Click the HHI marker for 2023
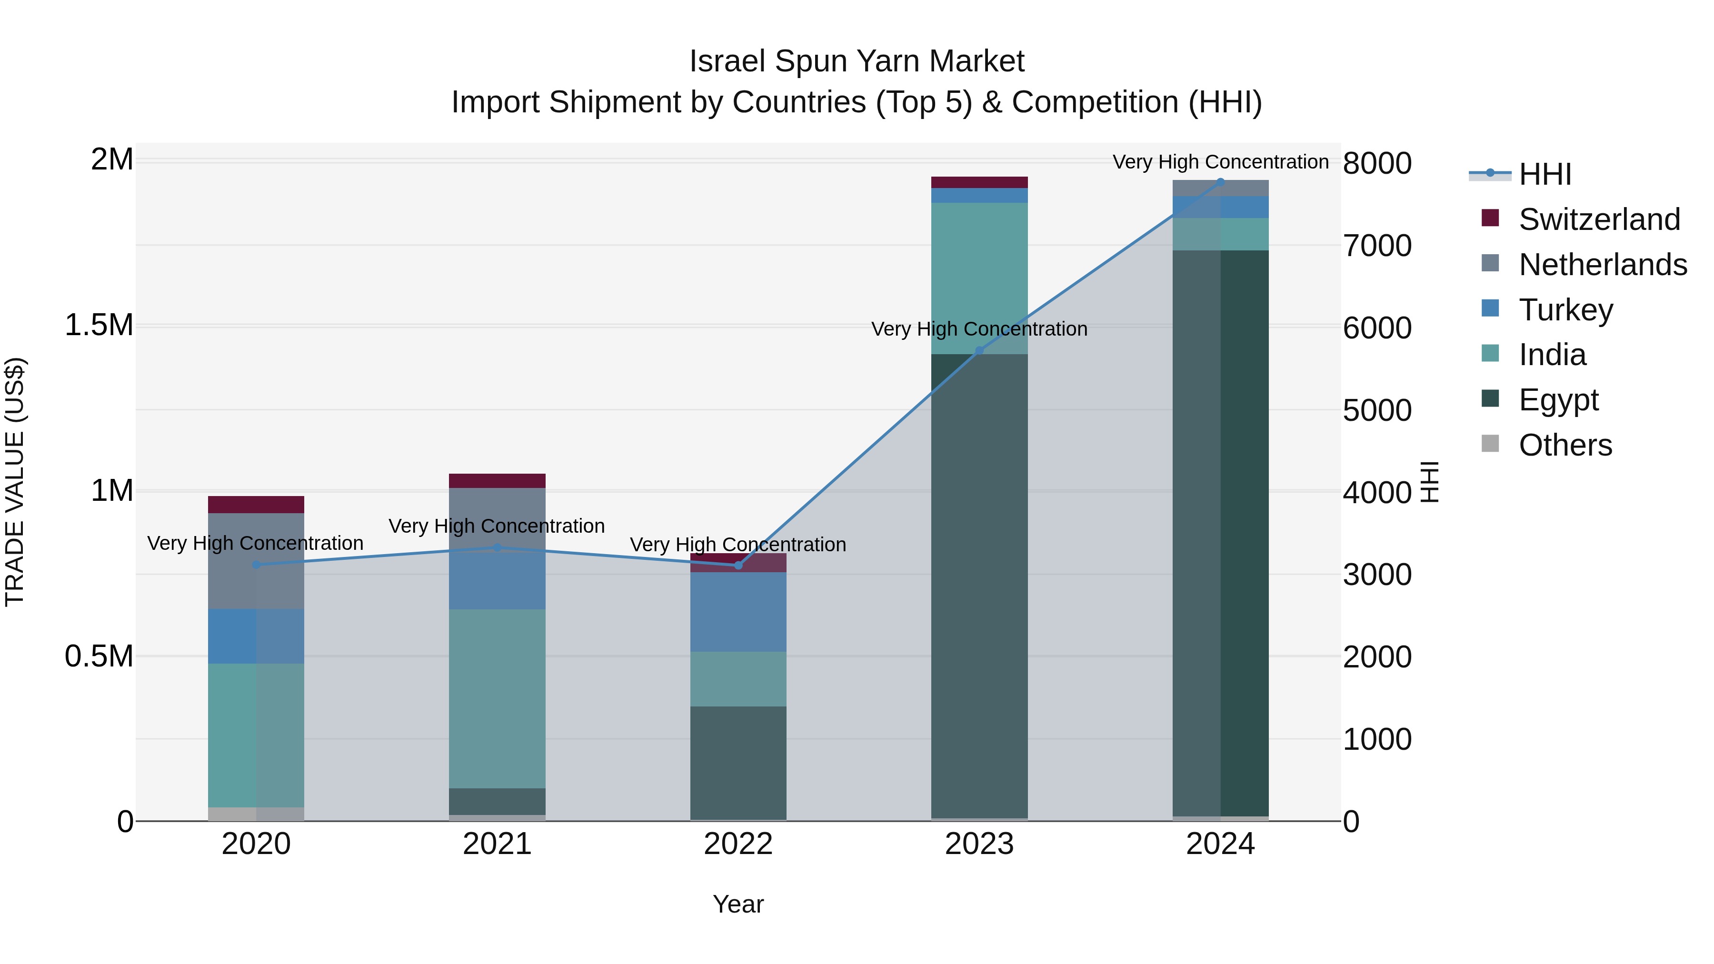[x=979, y=350]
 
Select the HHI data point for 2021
[x=497, y=547]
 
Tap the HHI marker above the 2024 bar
[x=1220, y=182]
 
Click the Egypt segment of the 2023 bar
[x=979, y=586]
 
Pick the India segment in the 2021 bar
[x=497, y=698]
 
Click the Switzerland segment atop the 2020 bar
[x=256, y=504]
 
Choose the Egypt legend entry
[x=1558, y=400]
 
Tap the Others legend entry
[x=1565, y=445]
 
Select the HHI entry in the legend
[x=1545, y=174]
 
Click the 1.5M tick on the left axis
[x=99, y=325]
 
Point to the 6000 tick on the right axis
[x=1376, y=328]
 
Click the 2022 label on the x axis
[x=738, y=844]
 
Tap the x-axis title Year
[x=738, y=904]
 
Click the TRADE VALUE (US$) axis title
[x=15, y=482]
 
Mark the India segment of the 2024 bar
[x=1220, y=234]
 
